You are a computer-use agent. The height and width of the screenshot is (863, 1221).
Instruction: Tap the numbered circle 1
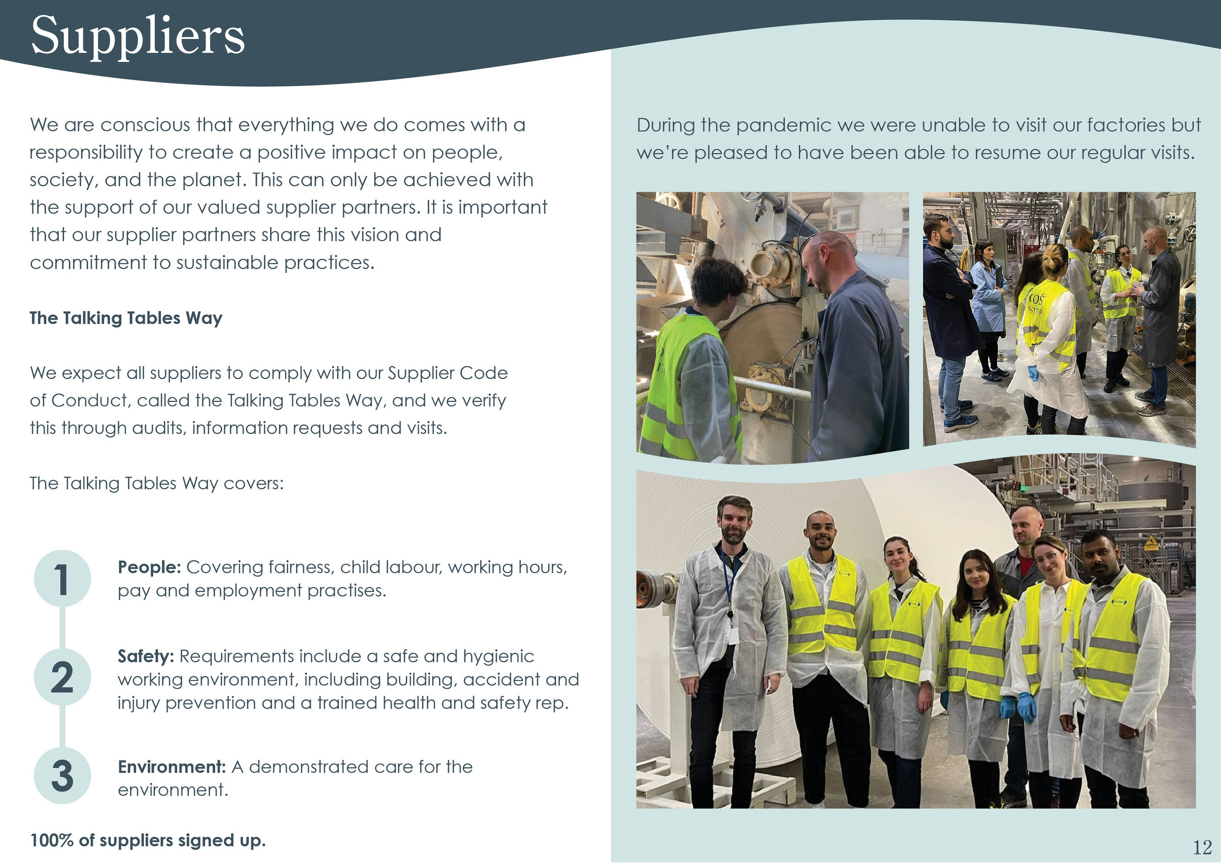click(62, 579)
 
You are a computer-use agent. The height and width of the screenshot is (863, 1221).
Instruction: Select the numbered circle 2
click(62, 677)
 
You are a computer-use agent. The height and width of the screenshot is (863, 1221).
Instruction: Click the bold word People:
click(149, 567)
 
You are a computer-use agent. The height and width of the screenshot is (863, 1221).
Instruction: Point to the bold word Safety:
click(146, 656)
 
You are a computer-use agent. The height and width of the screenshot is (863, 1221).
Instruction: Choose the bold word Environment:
click(172, 767)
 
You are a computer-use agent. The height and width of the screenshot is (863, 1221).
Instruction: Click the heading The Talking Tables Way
click(126, 318)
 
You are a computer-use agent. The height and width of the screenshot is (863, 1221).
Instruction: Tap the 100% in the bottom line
click(52, 840)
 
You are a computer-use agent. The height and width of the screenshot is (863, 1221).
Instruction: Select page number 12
click(1202, 847)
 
